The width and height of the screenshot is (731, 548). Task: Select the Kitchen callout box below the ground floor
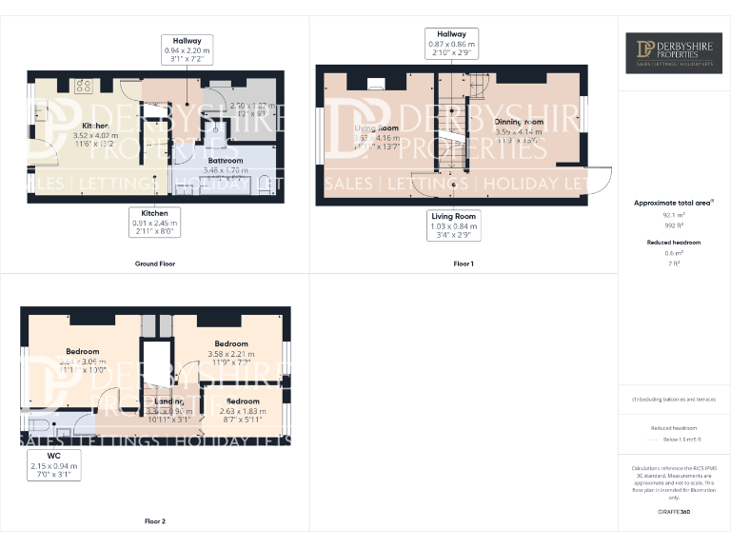[155, 223]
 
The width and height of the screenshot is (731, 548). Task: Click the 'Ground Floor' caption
[154, 264]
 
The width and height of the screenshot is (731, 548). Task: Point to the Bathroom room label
[226, 161]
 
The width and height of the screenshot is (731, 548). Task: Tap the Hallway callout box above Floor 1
[451, 44]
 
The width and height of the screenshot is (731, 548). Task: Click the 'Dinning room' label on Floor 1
[519, 122]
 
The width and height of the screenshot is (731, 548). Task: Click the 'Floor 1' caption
[463, 264]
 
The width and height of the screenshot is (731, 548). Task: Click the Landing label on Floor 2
[168, 401]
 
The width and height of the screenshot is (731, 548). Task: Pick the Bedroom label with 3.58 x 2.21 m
[231, 343]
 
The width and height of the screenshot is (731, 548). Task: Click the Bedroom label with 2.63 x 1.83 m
[243, 401]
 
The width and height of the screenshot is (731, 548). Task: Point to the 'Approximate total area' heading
[672, 203]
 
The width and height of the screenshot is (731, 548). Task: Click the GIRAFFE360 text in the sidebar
[672, 512]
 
